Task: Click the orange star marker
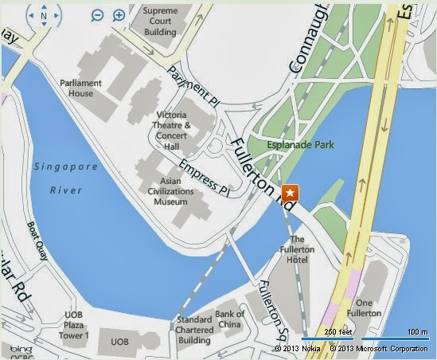tap(291, 192)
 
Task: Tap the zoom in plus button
tap(119, 15)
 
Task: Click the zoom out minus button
tap(97, 15)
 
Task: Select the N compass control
tap(44, 15)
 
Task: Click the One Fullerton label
tap(365, 308)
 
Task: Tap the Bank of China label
tap(230, 319)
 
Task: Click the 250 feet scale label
tap(338, 331)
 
